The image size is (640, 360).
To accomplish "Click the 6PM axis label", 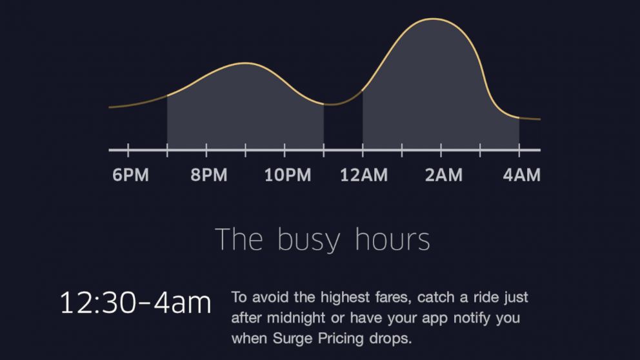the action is coord(130,175).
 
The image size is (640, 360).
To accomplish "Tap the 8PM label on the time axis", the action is coord(209,175).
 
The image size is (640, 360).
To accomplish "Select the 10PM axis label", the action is coord(288,175).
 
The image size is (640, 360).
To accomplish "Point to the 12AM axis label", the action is coord(364,175).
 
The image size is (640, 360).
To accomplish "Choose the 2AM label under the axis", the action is coord(444,175).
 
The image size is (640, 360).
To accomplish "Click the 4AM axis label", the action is coord(522,175).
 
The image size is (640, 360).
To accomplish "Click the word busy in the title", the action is coord(308,240).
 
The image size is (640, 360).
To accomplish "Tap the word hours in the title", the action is coord(393,239).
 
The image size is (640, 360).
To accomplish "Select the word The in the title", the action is coord(239,239).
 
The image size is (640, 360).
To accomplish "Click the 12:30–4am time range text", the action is coord(135,303).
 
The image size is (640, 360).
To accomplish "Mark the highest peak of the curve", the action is coord(433,19).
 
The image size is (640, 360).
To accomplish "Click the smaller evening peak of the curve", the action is coord(245,63).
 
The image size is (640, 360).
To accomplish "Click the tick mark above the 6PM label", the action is coord(128,150).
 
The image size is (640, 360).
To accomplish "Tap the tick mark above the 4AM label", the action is coord(519,150).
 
